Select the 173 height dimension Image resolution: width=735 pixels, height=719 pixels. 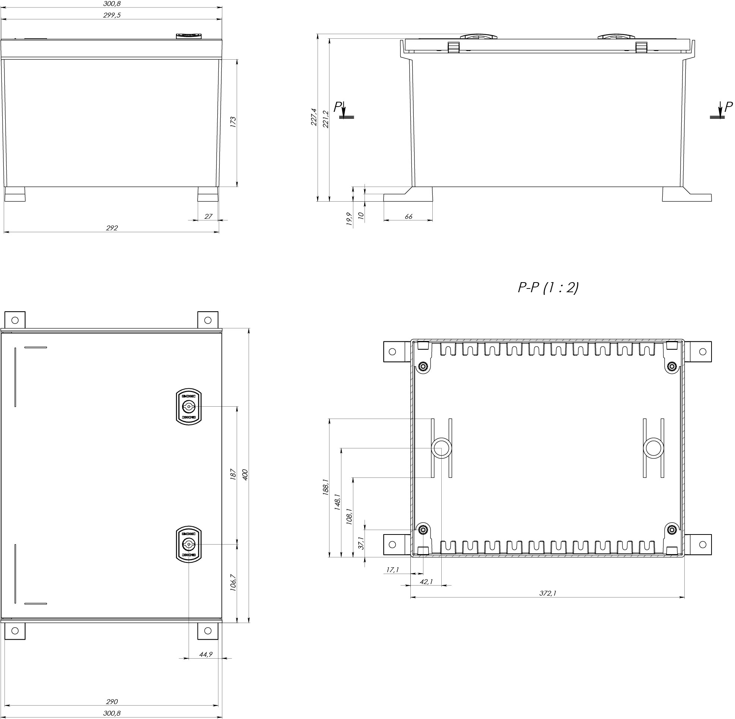click(x=233, y=122)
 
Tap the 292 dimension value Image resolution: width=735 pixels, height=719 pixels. click(x=112, y=228)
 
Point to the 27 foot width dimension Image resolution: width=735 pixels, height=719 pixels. click(x=208, y=217)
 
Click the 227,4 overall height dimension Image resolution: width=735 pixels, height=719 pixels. click(x=314, y=117)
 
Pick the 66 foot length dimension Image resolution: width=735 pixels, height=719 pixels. click(x=408, y=217)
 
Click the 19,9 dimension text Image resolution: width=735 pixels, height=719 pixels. click(x=349, y=219)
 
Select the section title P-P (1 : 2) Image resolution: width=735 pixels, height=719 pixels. click(x=548, y=288)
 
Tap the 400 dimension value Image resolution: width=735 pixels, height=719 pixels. click(x=245, y=475)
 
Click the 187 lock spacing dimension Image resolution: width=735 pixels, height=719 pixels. click(x=233, y=475)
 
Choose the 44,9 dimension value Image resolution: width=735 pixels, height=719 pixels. click(x=205, y=655)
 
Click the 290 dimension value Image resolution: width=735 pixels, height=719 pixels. click(x=112, y=701)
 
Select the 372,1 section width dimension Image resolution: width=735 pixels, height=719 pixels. click(x=548, y=593)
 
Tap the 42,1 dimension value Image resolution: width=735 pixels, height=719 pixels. click(x=426, y=582)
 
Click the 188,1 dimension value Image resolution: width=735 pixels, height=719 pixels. click(x=326, y=487)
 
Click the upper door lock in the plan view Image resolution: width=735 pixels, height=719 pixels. click(x=189, y=407)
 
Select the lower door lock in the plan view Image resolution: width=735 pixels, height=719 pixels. click(x=189, y=544)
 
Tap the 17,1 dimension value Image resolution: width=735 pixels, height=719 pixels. click(x=393, y=570)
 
